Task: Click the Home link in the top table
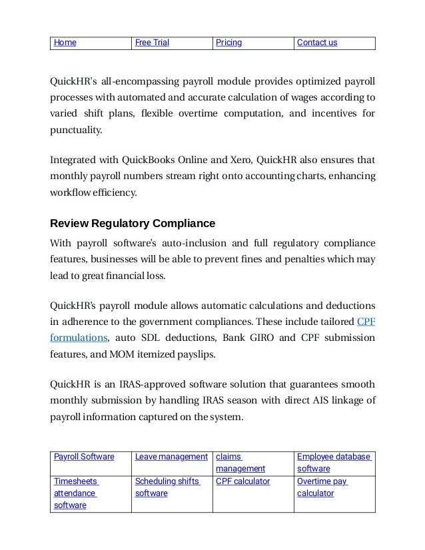pyautogui.click(x=65, y=43)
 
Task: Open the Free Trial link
pyautogui.click(x=152, y=43)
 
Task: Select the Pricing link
pyautogui.click(x=228, y=43)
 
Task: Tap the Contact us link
pyautogui.click(x=316, y=43)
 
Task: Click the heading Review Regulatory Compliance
pyautogui.click(x=133, y=221)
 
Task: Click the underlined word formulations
pyautogui.click(x=79, y=338)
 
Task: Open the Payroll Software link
pyautogui.click(x=83, y=456)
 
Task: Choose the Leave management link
pyautogui.click(x=171, y=456)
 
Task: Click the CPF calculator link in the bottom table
pyautogui.click(x=242, y=481)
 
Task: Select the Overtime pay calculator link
pyautogui.click(x=322, y=487)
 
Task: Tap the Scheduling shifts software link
pyautogui.click(x=167, y=487)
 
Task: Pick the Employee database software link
pyautogui.click(x=334, y=462)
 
